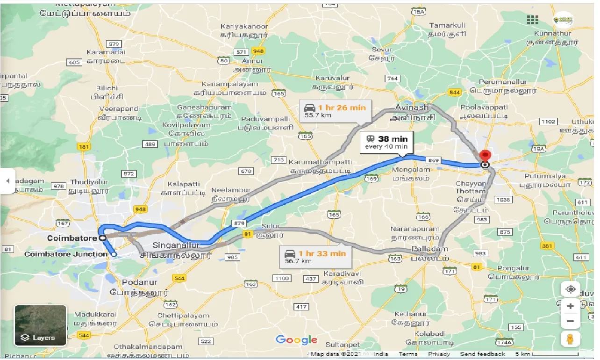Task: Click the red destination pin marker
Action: tap(486, 155)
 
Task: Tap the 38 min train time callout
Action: tap(386, 143)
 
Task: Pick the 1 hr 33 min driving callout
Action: tap(315, 257)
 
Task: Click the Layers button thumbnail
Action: tap(41, 326)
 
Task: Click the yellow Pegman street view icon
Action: tap(571, 339)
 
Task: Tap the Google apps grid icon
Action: tap(533, 20)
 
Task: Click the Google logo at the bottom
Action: tap(296, 340)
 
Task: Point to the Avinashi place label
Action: tap(413, 107)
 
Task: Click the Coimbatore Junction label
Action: tap(65, 254)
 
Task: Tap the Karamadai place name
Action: tap(109, 52)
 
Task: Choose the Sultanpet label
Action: tap(344, 345)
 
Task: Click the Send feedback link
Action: tap(482, 354)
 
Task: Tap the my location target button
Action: tap(571, 289)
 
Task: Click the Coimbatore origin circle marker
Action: tap(102, 238)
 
